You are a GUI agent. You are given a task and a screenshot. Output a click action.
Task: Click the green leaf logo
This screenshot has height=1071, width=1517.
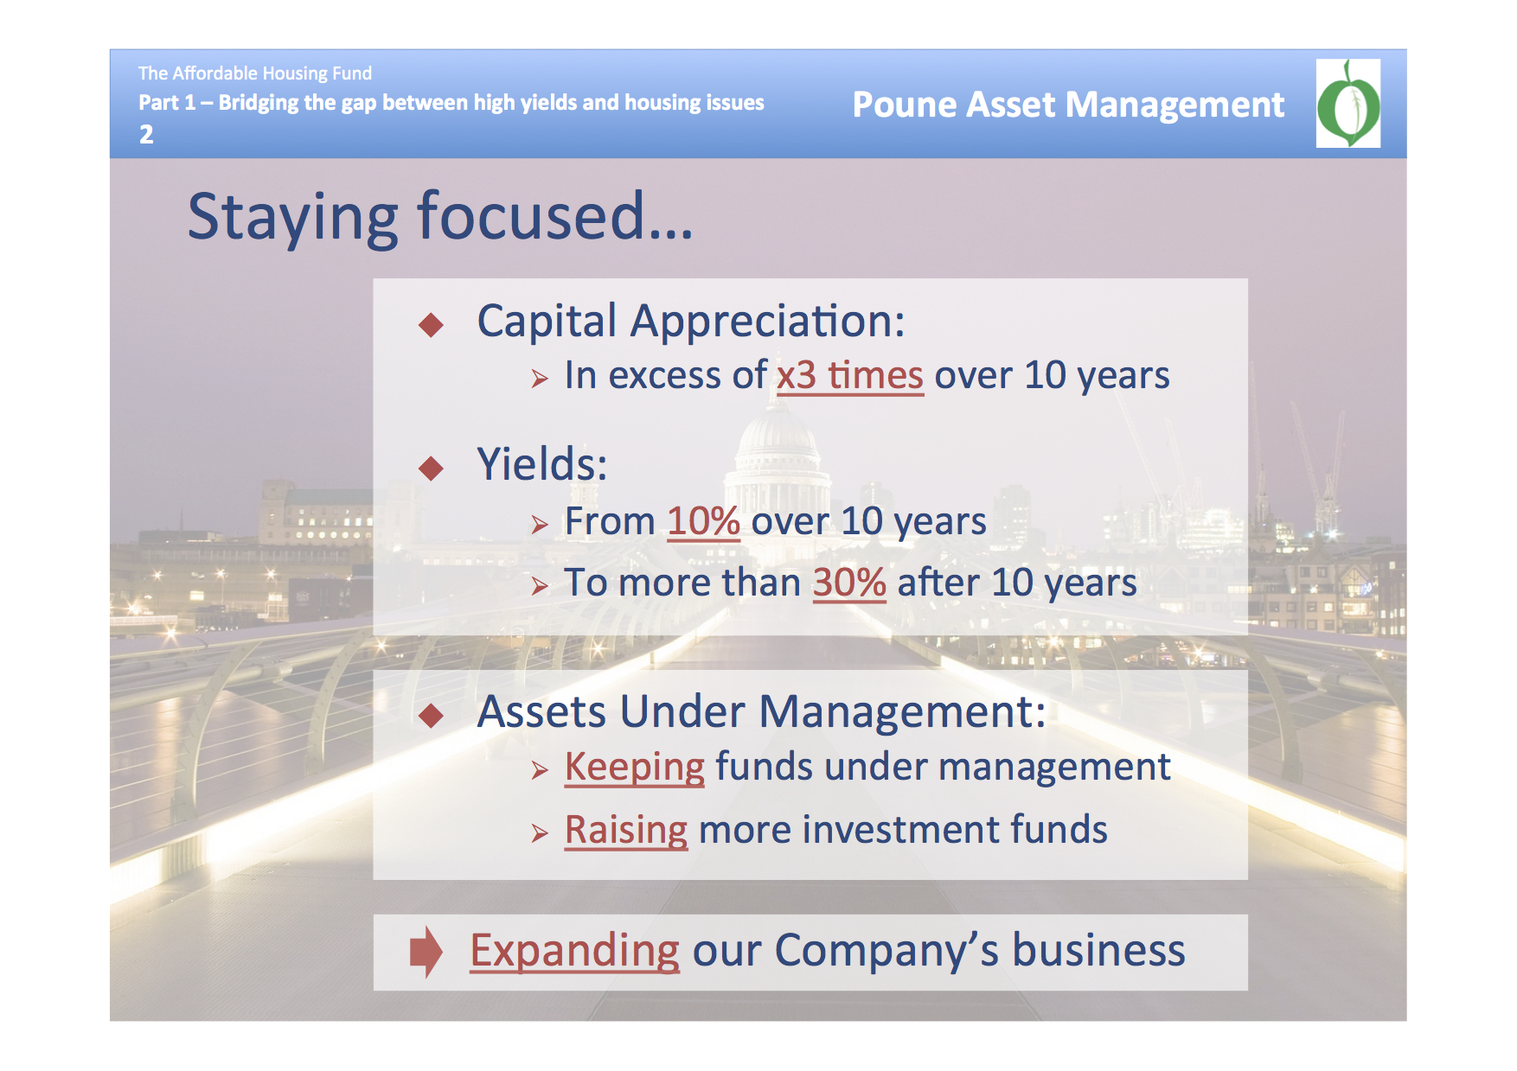tap(1348, 103)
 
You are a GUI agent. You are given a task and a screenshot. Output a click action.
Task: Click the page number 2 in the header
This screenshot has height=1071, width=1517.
tap(146, 134)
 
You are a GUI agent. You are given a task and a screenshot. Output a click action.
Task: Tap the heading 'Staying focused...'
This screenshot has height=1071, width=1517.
tap(440, 217)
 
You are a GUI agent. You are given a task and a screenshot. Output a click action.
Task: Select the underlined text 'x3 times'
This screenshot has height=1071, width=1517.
tap(850, 376)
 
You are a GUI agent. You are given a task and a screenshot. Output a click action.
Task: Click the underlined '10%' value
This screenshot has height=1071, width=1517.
tap(704, 521)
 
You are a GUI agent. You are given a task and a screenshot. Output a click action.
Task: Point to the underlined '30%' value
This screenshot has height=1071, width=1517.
tap(849, 583)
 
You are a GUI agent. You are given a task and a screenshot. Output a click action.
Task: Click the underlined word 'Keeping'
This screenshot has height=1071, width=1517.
tap(635, 768)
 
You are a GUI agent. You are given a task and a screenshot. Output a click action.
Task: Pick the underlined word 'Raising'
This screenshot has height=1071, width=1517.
tap(626, 831)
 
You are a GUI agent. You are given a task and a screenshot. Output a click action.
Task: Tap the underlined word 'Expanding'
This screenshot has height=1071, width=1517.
tap(575, 951)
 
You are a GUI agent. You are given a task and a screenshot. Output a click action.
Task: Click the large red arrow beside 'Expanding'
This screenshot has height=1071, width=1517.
tap(426, 952)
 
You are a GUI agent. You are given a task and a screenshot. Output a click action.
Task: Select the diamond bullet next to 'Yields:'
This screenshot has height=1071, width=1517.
tap(431, 469)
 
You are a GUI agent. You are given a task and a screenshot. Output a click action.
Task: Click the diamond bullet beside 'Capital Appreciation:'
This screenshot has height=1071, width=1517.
tap(431, 325)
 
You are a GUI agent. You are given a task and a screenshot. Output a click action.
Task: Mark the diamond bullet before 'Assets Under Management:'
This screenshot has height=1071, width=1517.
tap(431, 716)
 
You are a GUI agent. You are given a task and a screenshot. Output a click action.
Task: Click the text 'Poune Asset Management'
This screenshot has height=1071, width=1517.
tap(1068, 105)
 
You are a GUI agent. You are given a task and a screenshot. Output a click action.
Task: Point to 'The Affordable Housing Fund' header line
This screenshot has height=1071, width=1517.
tap(255, 73)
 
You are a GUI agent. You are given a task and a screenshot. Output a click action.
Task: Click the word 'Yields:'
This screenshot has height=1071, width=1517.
tap(542, 464)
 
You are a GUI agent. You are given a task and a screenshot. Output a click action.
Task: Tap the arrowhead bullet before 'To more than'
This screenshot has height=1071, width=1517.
tap(540, 587)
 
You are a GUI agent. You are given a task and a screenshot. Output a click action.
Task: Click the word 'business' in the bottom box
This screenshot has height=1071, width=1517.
tap(1098, 950)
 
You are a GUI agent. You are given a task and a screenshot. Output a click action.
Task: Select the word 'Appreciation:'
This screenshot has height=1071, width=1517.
tap(768, 322)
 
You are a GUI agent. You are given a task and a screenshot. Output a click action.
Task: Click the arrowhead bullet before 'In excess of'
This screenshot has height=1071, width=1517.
tap(540, 379)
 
